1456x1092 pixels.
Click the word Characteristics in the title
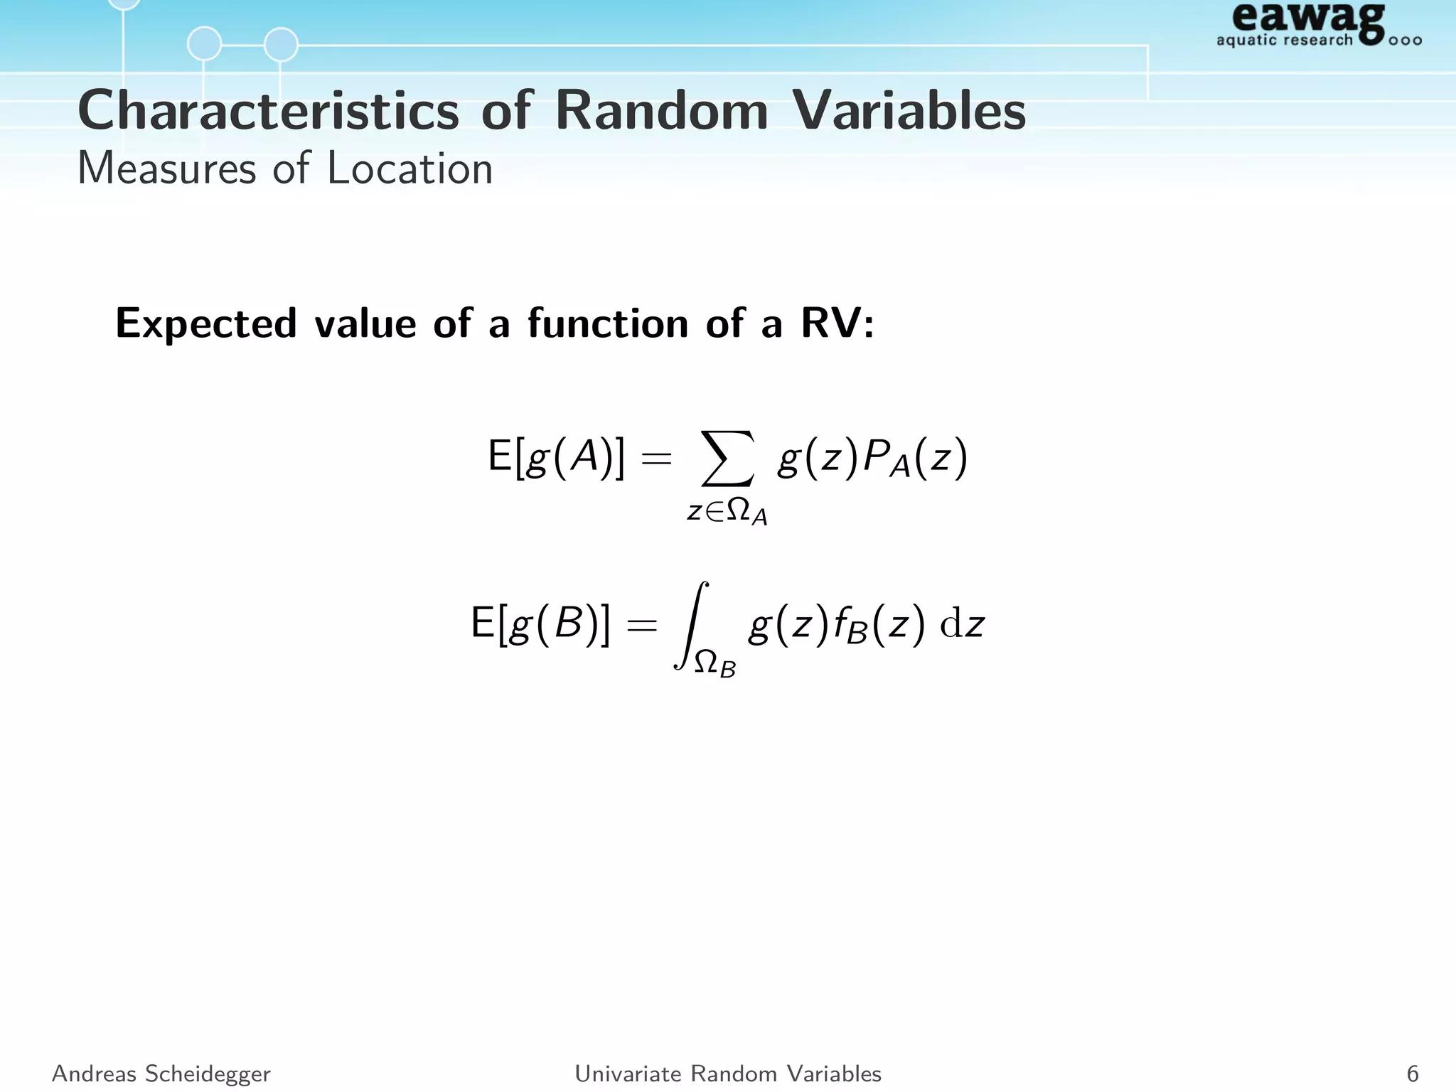[x=269, y=112]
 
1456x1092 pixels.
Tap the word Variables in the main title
[x=909, y=112]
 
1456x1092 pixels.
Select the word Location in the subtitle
[x=409, y=169]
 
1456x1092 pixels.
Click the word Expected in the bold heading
[x=205, y=323]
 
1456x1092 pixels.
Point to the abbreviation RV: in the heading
[x=837, y=323]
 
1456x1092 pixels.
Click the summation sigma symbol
[x=727, y=459]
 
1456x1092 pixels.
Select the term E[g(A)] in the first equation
[x=556, y=457]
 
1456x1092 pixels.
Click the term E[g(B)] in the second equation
[x=540, y=624]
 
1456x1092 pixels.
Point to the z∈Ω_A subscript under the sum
[x=727, y=512]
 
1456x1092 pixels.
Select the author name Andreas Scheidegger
[x=161, y=1074]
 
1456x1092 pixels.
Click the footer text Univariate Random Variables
[x=728, y=1074]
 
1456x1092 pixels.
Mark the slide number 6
[x=1412, y=1074]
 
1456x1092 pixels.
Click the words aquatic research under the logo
[x=1284, y=40]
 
